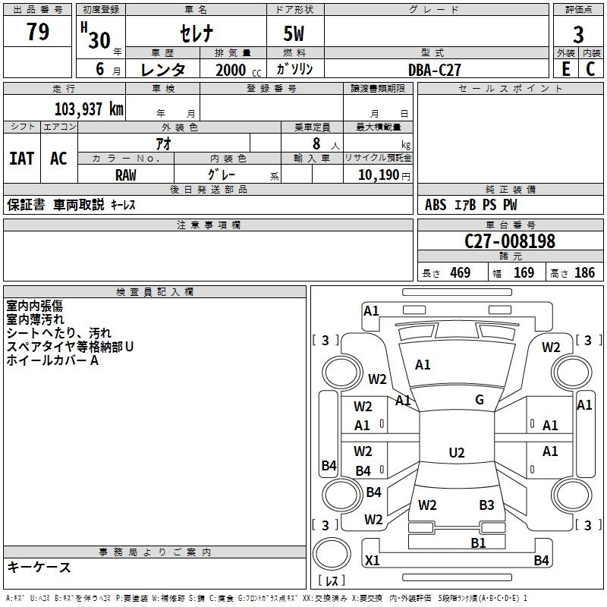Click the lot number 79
(x=38, y=33)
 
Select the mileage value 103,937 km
(x=90, y=109)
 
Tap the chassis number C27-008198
(x=510, y=242)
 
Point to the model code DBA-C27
(x=435, y=70)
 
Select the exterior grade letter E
(x=565, y=69)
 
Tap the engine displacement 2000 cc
(x=237, y=70)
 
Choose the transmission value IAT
(x=22, y=159)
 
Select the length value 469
(x=460, y=273)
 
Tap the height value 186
(x=584, y=273)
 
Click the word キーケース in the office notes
(x=39, y=567)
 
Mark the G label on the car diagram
(x=480, y=400)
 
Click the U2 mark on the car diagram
(x=456, y=453)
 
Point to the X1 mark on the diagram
(x=373, y=561)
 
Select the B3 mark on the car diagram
(x=486, y=505)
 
